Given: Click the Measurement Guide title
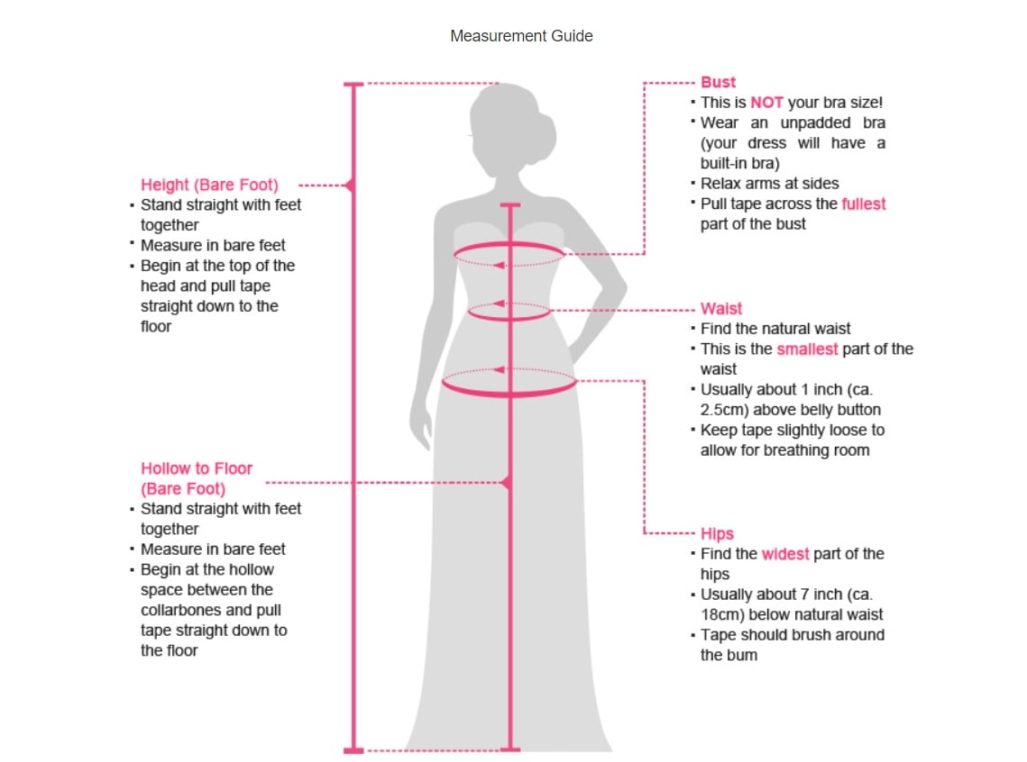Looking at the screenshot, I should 521,36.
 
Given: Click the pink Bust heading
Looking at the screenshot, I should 718,82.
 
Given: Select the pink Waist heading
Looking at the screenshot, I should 721,309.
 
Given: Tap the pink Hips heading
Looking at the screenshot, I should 717,533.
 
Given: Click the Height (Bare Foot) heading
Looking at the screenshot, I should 209,185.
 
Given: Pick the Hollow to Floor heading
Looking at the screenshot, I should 196,468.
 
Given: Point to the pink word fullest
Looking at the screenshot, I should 863,204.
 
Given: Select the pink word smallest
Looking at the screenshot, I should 807,349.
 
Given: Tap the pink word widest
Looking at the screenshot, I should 784,554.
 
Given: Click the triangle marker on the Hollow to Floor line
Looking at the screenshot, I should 506,483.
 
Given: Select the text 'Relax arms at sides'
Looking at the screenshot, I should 769,184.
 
